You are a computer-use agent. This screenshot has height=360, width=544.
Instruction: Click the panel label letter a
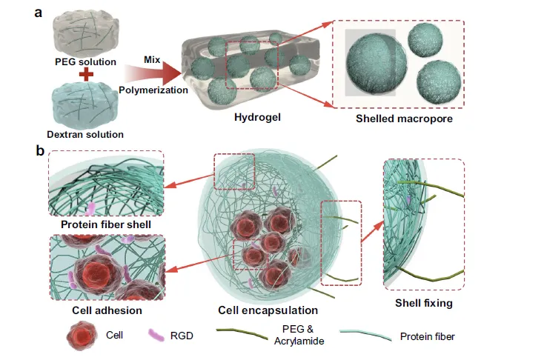38,10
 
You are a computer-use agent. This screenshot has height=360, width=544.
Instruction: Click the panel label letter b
39,151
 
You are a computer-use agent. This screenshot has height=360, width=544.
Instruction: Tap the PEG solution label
85,61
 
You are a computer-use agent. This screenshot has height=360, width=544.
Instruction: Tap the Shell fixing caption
423,302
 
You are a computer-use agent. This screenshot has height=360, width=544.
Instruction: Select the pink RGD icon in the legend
156,336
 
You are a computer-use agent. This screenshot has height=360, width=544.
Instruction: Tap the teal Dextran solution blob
84,107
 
